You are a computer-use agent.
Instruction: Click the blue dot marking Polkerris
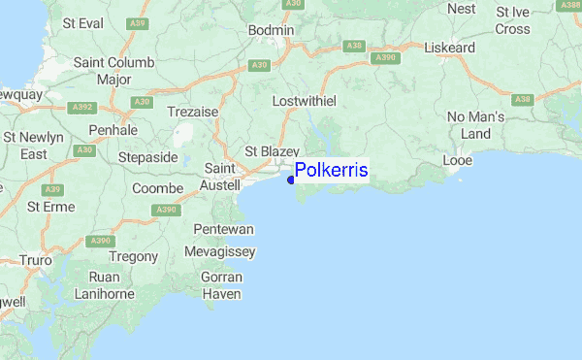291,179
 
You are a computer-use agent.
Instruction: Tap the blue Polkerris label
331,171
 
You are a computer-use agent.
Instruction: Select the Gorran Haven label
221,285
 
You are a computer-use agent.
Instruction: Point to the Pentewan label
223,229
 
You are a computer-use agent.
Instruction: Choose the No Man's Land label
475,125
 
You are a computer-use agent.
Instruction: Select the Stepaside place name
148,157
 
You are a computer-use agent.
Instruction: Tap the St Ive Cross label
513,20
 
